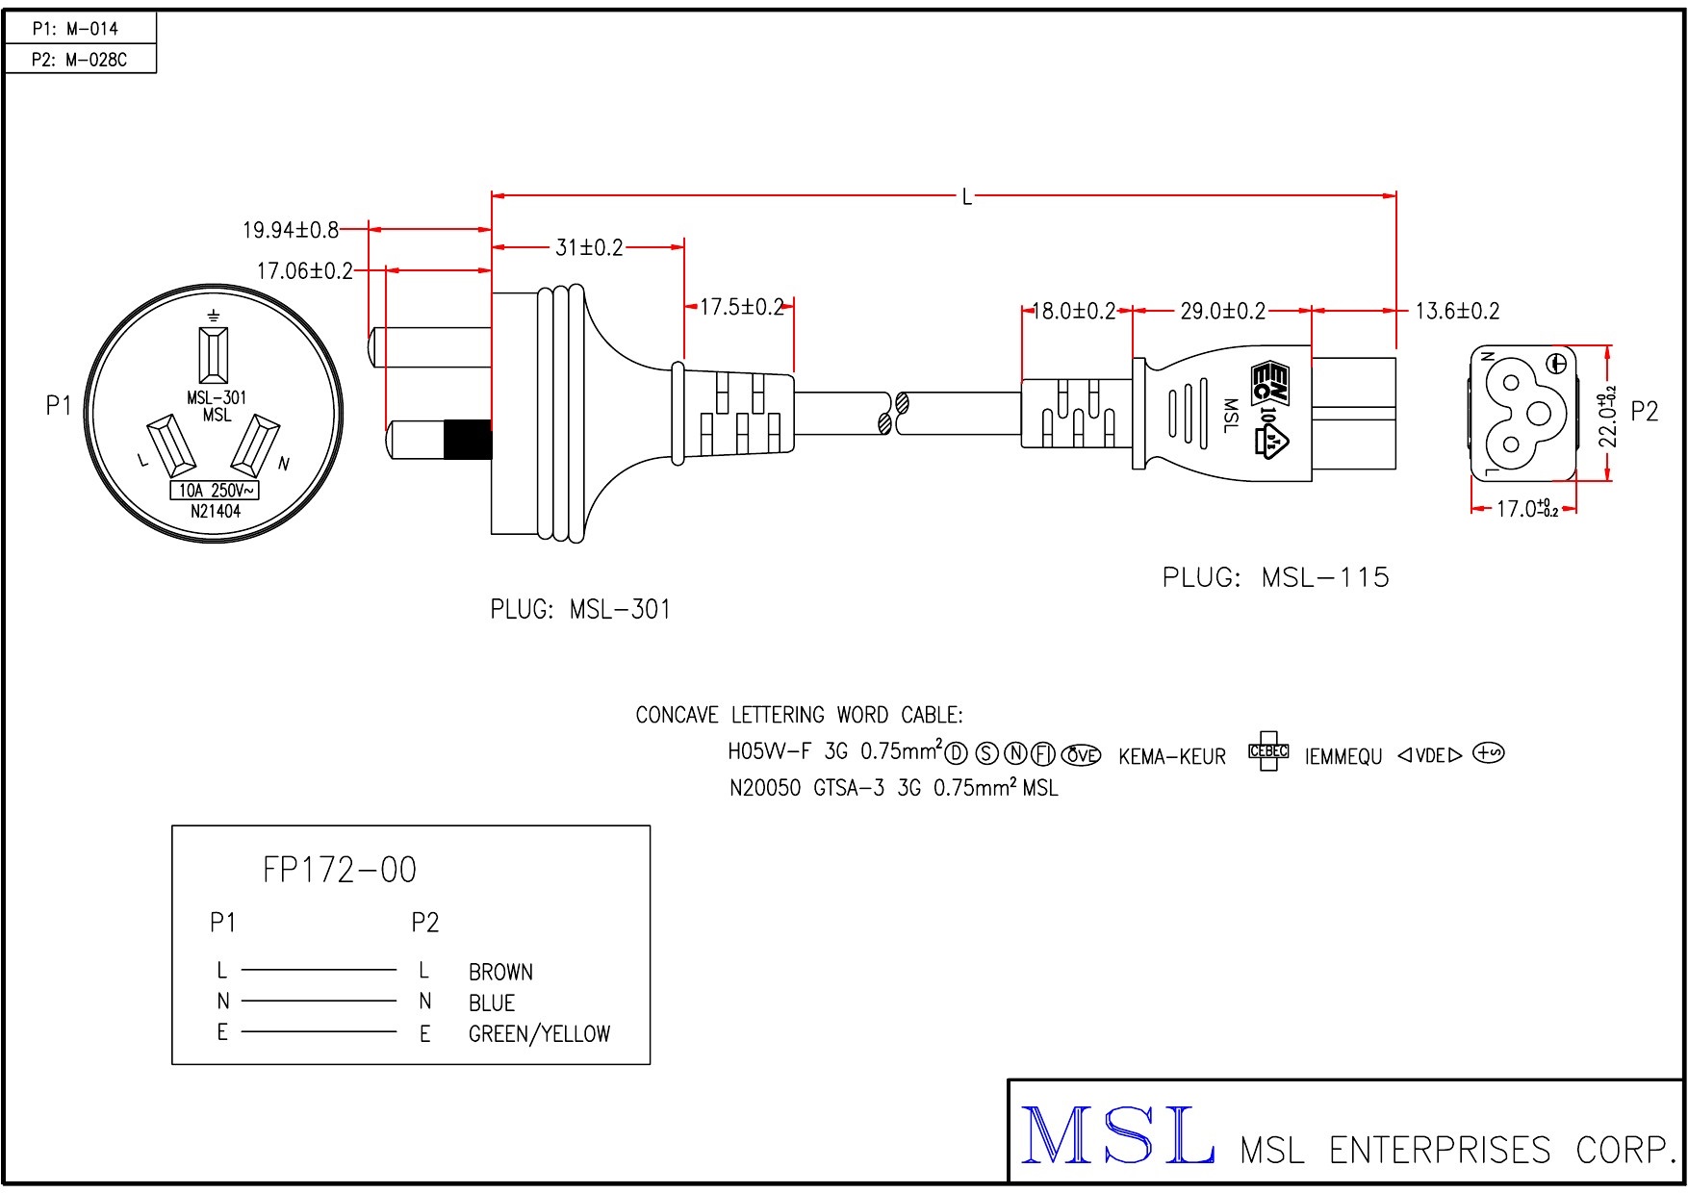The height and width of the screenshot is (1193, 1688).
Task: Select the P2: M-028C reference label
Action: [79, 60]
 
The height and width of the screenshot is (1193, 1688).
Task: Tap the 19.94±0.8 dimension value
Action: [290, 230]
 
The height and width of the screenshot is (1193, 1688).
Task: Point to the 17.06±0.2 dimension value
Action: [304, 271]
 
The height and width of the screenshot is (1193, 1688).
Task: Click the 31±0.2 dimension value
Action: [589, 247]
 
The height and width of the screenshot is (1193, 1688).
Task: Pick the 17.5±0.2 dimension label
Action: [741, 307]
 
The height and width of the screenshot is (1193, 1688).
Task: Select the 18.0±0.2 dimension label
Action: [1074, 311]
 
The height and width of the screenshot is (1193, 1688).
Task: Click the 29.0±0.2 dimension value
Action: [1223, 311]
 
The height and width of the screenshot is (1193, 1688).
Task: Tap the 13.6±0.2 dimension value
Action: [1457, 311]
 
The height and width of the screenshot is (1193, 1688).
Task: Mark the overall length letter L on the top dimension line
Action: [967, 197]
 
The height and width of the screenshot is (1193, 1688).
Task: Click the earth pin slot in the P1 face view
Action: [214, 354]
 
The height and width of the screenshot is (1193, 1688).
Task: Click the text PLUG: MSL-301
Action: [580, 609]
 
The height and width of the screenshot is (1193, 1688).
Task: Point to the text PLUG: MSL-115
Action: [1276, 577]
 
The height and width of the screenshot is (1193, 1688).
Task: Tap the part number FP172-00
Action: [339, 870]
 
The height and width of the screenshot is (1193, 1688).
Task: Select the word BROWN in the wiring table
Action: [500, 972]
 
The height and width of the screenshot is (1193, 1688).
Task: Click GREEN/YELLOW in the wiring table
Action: [539, 1034]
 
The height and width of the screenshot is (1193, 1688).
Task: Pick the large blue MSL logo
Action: [1116, 1137]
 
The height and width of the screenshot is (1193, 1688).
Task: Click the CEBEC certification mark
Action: [1268, 751]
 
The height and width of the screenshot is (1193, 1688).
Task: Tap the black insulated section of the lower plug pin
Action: [467, 441]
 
